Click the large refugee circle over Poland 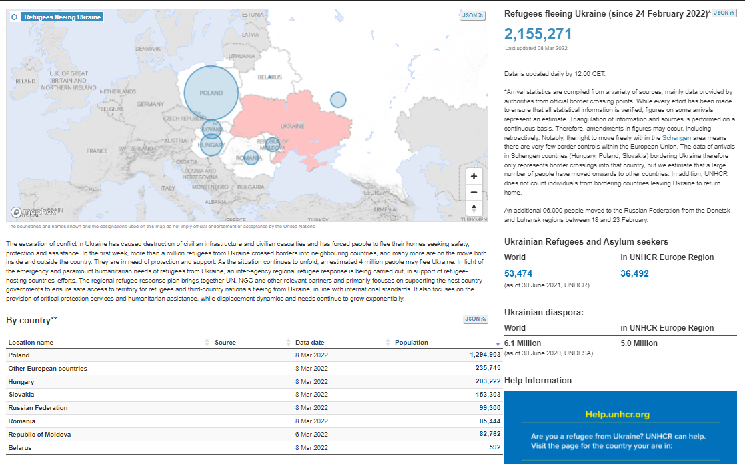tap(211, 93)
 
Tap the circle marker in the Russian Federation tap(338, 100)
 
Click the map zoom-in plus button tap(474, 176)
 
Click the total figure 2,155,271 tap(538, 34)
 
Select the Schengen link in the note tap(676, 138)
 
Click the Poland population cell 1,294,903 tap(485, 355)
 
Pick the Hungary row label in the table tap(21, 382)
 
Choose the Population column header tap(412, 343)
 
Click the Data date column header tap(309, 343)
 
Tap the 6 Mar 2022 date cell tap(311, 435)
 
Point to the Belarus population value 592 tap(495, 447)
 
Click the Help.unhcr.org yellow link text tap(617, 415)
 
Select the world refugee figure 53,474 tap(518, 273)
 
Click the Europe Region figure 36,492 tap(634, 273)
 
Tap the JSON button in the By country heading tap(475, 319)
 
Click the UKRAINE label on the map tap(293, 126)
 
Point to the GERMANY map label tap(150, 104)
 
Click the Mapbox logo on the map tap(34, 212)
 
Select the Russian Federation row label tap(38, 408)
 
